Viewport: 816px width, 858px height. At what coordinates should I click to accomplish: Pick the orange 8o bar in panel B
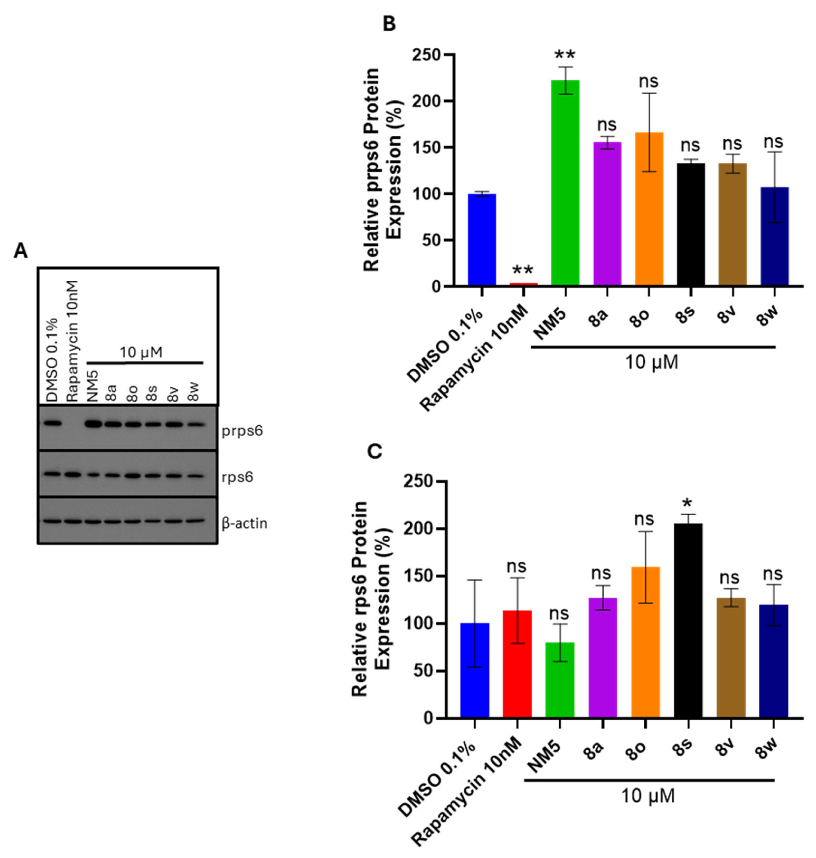pos(649,209)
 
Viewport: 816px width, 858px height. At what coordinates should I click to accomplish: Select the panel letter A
pos(20,251)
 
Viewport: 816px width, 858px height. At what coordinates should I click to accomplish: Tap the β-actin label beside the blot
pos(244,523)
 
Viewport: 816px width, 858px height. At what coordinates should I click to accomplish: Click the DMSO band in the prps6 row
pos(52,422)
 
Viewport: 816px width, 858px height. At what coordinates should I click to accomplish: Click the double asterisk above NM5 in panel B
pos(565,56)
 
